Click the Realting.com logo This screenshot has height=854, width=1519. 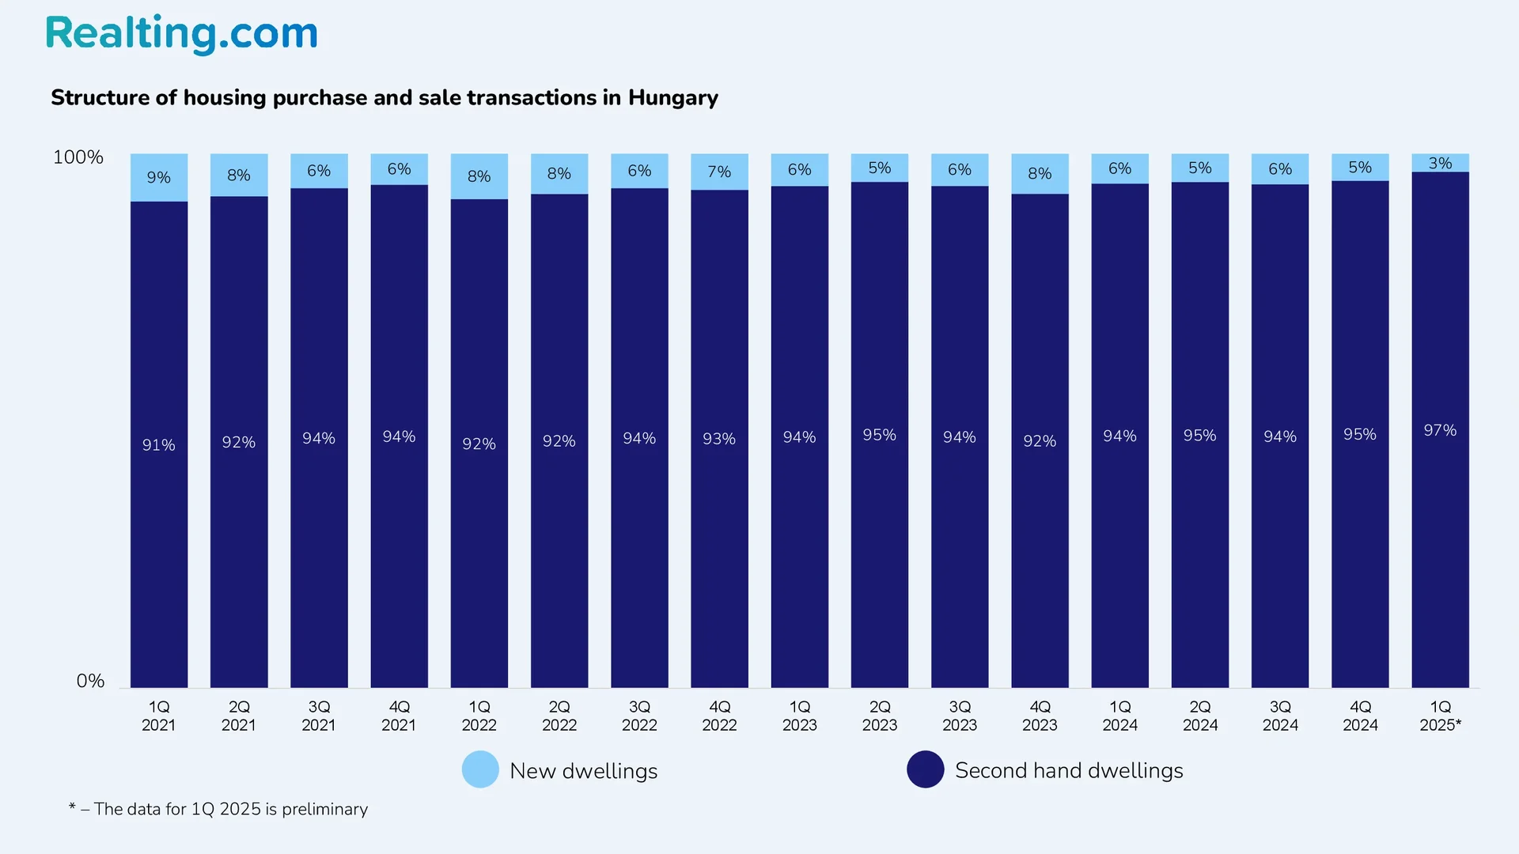pyautogui.click(x=181, y=34)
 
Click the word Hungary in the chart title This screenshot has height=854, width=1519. pyautogui.click(x=672, y=97)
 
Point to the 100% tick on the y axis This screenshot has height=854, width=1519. pyautogui.click(x=78, y=157)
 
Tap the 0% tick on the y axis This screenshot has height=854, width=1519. pyautogui.click(x=90, y=681)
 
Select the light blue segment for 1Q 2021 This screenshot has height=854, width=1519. pyautogui.click(x=159, y=190)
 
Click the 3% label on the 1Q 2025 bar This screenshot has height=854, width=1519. pyautogui.click(x=1440, y=163)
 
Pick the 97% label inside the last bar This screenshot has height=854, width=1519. pyautogui.click(x=1440, y=430)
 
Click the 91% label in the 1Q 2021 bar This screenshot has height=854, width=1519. pyautogui.click(x=158, y=445)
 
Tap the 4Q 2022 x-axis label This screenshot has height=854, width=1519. pyautogui.click(x=719, y=716)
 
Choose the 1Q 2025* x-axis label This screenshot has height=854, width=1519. pyautogui.click(x=1440, y=716)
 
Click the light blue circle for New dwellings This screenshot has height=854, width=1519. pyautogui.click(x=480, y=769)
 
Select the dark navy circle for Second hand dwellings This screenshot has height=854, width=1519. pyautogui.click(x=925, y=769)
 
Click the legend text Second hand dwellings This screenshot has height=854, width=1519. pyautogui.click(x=1069, y=770)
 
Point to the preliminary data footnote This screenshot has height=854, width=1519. pyautogui.click(x=218, y=809)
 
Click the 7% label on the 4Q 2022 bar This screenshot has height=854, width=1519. pyautogui.click(x=719, y=172)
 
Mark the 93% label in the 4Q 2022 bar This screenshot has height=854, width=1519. pyautogui.click(x=719, y=439)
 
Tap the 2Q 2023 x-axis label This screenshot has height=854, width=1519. pyautogui.click(x=880, y=716)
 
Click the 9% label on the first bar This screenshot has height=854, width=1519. pyautogui.click(x=158, y=177)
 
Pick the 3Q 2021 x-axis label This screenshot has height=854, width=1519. pyautogui.click(x=319, y=716)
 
